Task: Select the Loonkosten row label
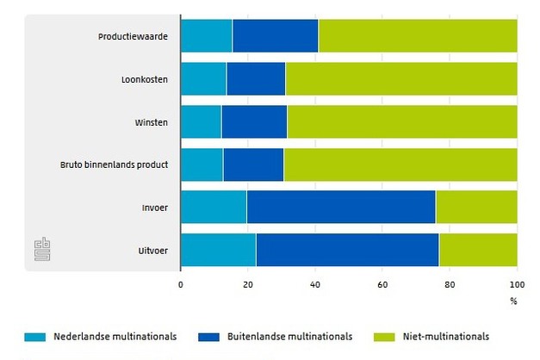coord(145,79)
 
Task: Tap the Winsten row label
coord(151,121)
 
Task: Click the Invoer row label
coord(154,208)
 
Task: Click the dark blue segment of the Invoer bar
coord(340,208)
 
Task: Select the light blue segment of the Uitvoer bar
coord(218,250)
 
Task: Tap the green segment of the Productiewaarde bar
coord(418,36)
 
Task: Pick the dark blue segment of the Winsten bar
coord(253,121)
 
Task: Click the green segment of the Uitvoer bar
coord(478,250)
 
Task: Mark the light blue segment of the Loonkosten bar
coord(203,79)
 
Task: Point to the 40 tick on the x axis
coord(315,283)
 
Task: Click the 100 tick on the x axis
coord(516,283)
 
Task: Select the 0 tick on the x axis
coord(181,283)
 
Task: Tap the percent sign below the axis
coord(513,301)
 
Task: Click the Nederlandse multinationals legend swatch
coord(34,337)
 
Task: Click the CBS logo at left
coord(41,249)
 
